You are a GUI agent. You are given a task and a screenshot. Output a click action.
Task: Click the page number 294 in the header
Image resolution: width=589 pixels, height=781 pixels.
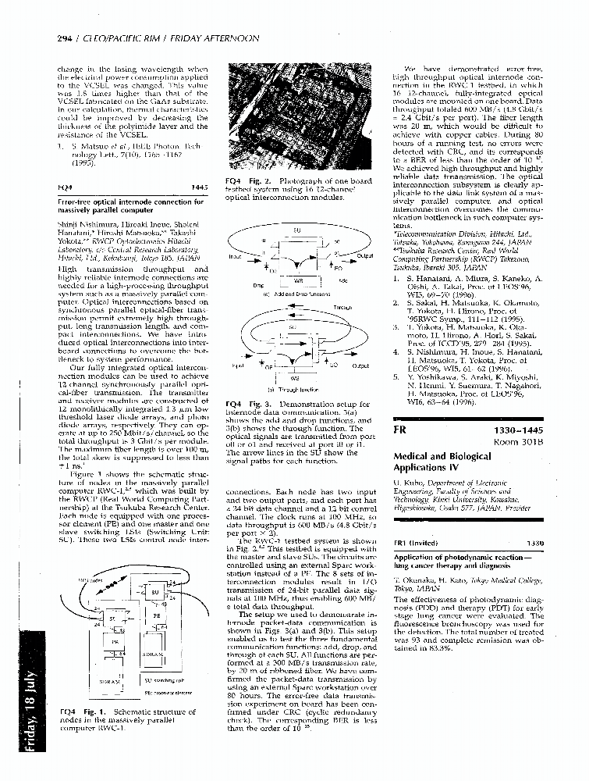click(x=65, y=38)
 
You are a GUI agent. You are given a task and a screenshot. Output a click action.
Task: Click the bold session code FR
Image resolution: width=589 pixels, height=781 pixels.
click(x=400, y=430)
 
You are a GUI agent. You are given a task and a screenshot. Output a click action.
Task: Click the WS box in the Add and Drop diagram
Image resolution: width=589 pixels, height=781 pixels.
click(x=297, y=278)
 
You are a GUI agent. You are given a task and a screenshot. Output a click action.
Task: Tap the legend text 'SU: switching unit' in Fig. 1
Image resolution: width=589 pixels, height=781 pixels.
click(x=164, y=680)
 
